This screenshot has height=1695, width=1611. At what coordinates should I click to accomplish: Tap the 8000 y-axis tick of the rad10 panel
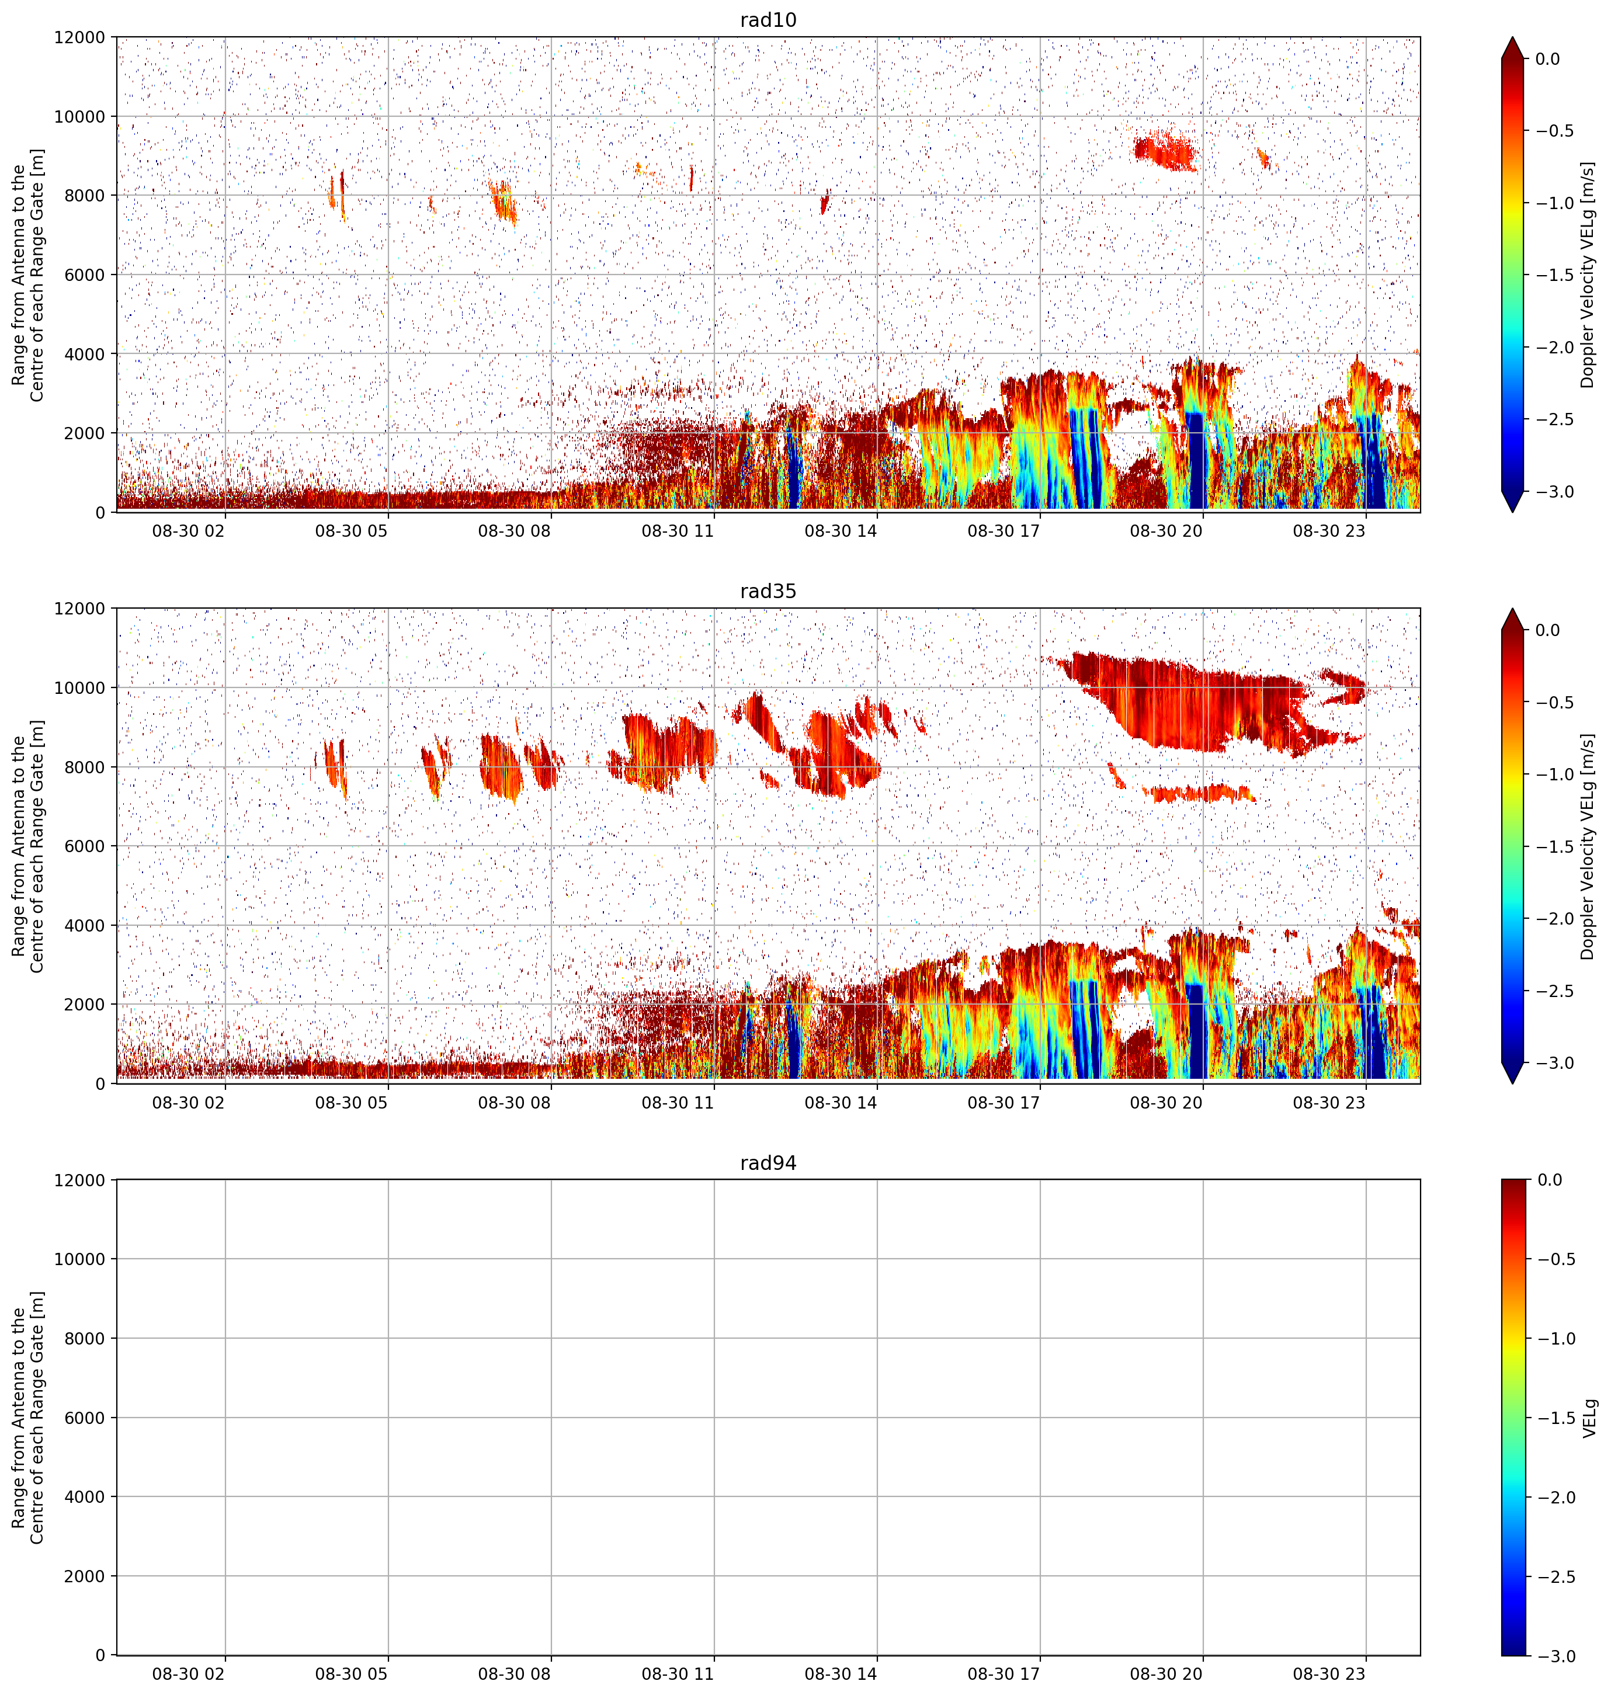(86, 196)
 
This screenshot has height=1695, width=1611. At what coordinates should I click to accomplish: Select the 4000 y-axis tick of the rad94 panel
(86, 1496)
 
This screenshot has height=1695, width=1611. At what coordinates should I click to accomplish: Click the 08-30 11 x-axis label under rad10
(678, 531)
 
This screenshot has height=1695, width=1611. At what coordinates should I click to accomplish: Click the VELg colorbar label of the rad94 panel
(1589, 1418)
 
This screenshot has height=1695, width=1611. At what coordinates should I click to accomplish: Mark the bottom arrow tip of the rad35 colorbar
(1513, 1083)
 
